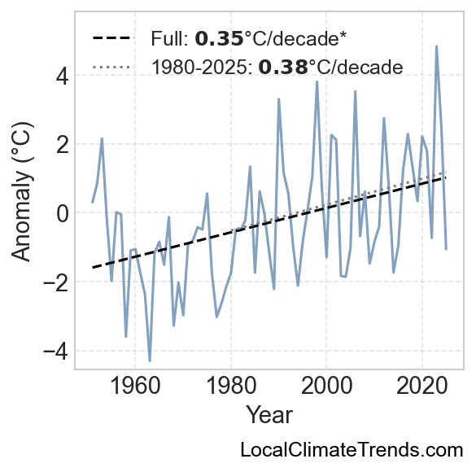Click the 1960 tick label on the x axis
click(x=135, y=386)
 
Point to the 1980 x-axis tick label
click(x=231, y=386)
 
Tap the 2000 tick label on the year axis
click(x=326, y=386)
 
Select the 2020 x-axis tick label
click(x=422, y=386)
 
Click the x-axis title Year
click(x=269, y=415)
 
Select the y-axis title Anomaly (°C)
click(x=22, y=191)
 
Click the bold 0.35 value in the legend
click(x=219, y=39)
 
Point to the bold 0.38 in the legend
click(x=283, y=67)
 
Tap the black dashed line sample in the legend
click(x=113, y=38)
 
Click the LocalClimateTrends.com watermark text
click(x=352, y=450)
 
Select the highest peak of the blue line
click(x=436, y=46)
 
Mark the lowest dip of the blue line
click(x=150, y=361)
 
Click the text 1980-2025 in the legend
click(x=200, y=67)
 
